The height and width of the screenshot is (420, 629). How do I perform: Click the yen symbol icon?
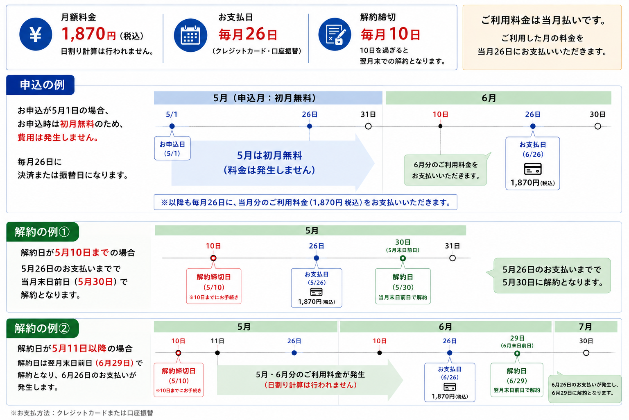click(x=36, y=34)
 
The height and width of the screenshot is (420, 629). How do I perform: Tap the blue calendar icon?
click(x=190, y=35)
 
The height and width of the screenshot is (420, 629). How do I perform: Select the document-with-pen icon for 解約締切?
click(x=335, y=34)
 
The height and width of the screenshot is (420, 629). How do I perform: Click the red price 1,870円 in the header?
click(x=88, y=34)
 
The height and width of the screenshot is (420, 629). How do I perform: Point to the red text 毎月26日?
click(x=248, y=34)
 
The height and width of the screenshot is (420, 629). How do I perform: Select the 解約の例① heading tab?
click(x=43, y=232)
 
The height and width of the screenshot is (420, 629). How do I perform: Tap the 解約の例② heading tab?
click(x=43, y=328)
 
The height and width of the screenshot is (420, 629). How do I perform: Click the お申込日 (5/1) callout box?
click(x=172, y=148)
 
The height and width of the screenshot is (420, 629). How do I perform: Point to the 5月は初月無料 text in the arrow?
click(x=269, y=155)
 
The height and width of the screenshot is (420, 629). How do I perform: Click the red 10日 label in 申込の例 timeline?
click(x=440, y=114)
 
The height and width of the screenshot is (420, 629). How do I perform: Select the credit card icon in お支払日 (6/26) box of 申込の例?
click(x=533, y=169)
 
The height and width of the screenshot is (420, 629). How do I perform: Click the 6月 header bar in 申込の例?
click(x=498, y=98)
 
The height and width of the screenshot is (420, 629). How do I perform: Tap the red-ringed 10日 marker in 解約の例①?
click(x=213, y=258)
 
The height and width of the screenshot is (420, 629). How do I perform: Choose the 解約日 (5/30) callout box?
click(x=403, y=286)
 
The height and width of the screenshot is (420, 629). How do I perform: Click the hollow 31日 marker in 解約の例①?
click(x=453, y=258)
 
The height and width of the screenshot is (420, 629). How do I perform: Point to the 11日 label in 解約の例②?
click(x=217, y=341)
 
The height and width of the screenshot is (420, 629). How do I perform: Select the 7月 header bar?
click(x=586, y=326)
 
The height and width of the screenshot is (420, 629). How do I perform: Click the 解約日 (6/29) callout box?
click(x=517, y=380)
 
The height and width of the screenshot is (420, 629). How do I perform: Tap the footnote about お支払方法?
click(x=82, y=413)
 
